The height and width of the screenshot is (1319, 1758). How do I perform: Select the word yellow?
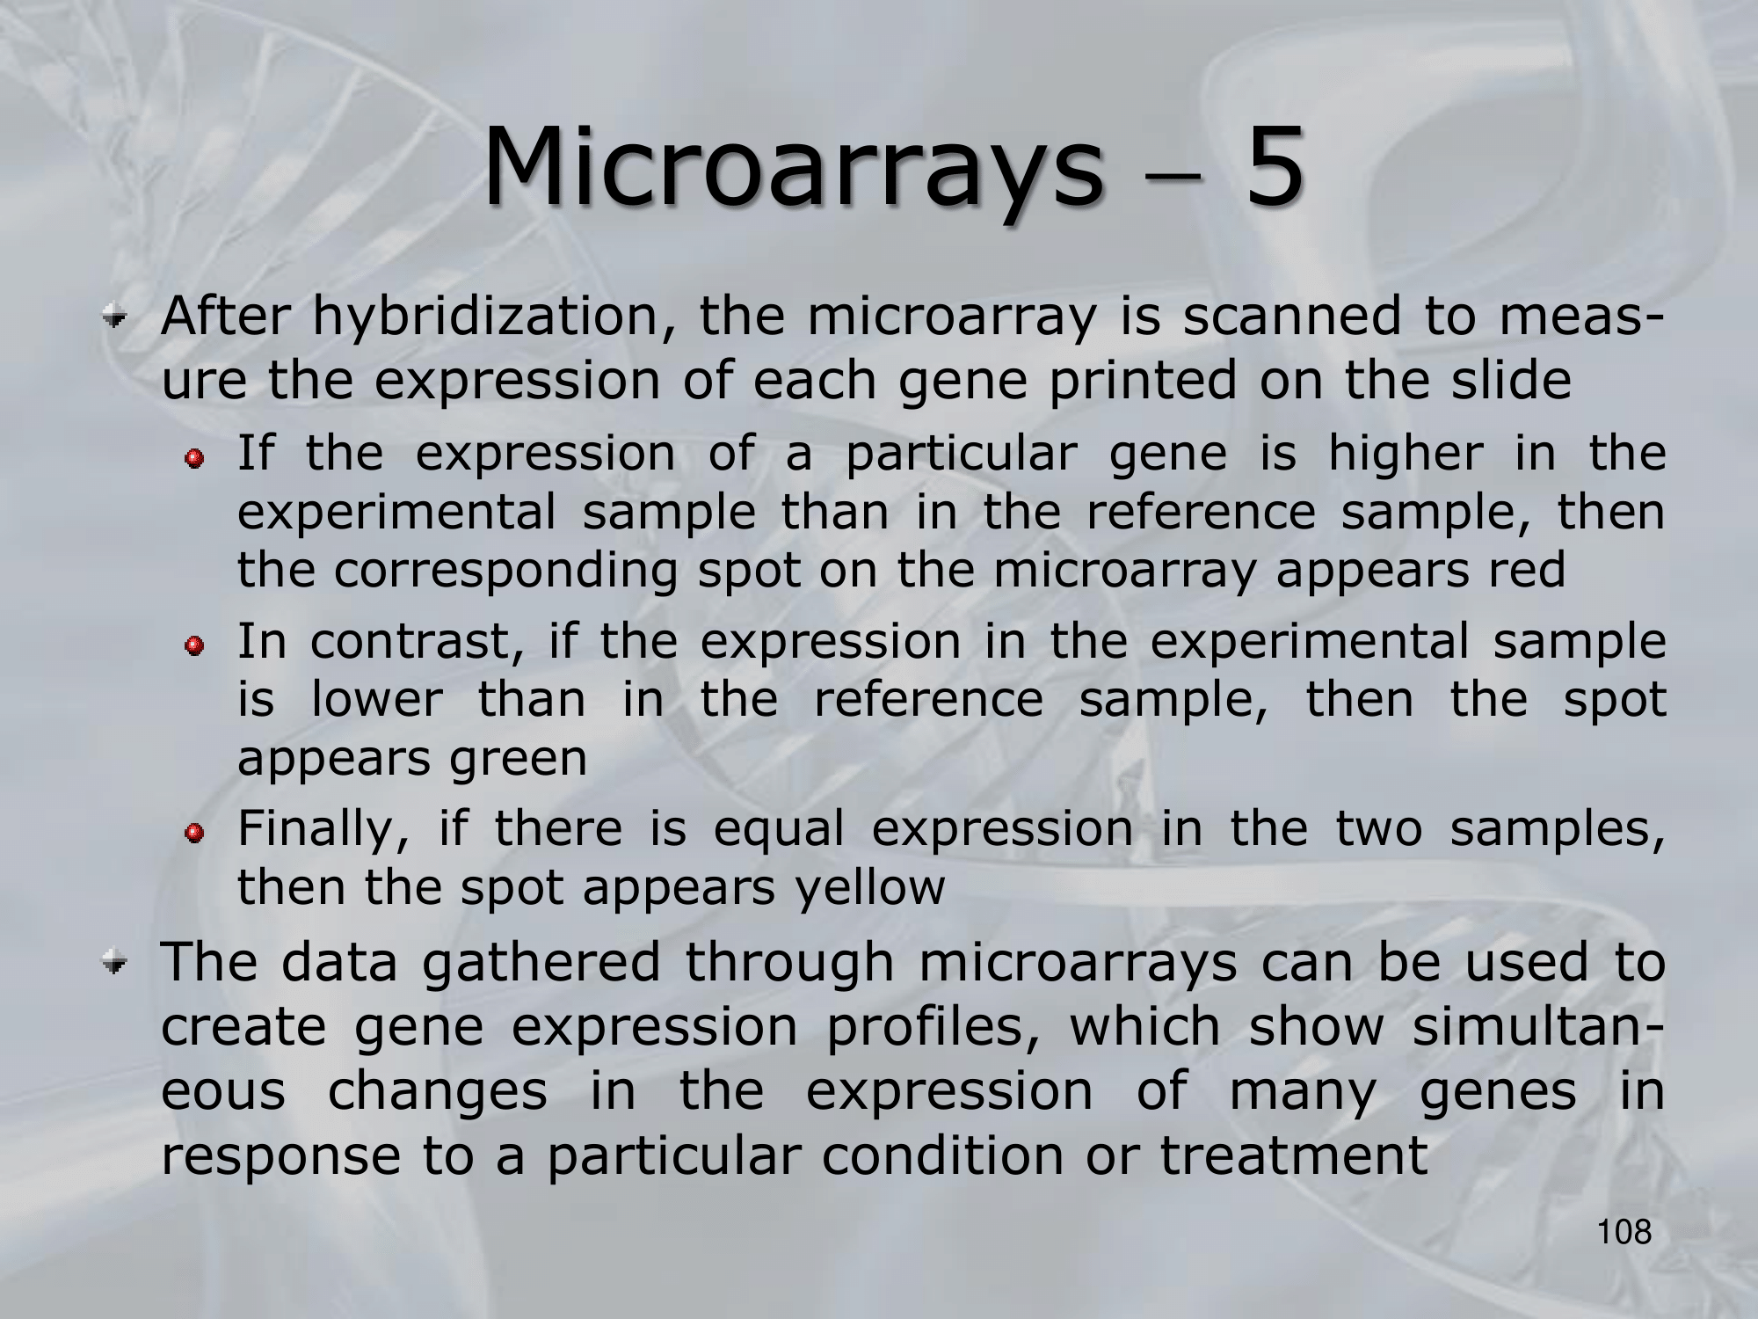pos(868,888)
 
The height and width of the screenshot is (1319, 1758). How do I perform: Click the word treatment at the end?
pos(1294,1156)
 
